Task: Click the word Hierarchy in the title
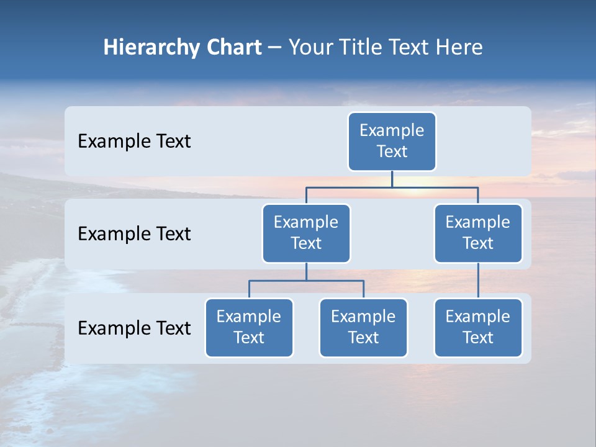[x=150, y=48]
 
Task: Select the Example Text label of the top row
[x=134, y=142]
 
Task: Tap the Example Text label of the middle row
[x=134, y=234]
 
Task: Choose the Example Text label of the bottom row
[x=134, y=328]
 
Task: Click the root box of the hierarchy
[x=392, y=142]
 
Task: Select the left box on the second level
[x=306, y=233]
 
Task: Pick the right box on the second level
[x=478, y=233]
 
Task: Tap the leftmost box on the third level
[x=249, y=328]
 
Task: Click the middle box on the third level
[x=363, y=328]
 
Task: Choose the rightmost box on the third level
[x=478, y=328]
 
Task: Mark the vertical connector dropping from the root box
[x=392, y=179]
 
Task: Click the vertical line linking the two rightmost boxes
[x=478, y=281]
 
